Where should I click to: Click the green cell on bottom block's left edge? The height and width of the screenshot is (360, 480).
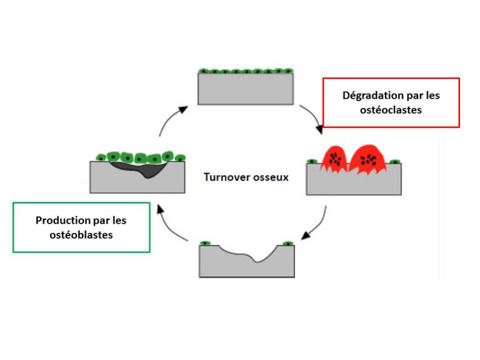pyautogui.click(x=206, y=243)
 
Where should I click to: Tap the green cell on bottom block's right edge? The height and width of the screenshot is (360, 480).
pyautogui.click(x=287, y=243)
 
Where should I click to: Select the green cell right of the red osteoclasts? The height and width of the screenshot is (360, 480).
pyautogui.click(x=395, y=162)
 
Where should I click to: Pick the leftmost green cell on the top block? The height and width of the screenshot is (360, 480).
pyautogui.click(x=203, y=71)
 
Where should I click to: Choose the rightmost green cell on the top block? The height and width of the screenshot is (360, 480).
pyautogui.click(x=289, y=71)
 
